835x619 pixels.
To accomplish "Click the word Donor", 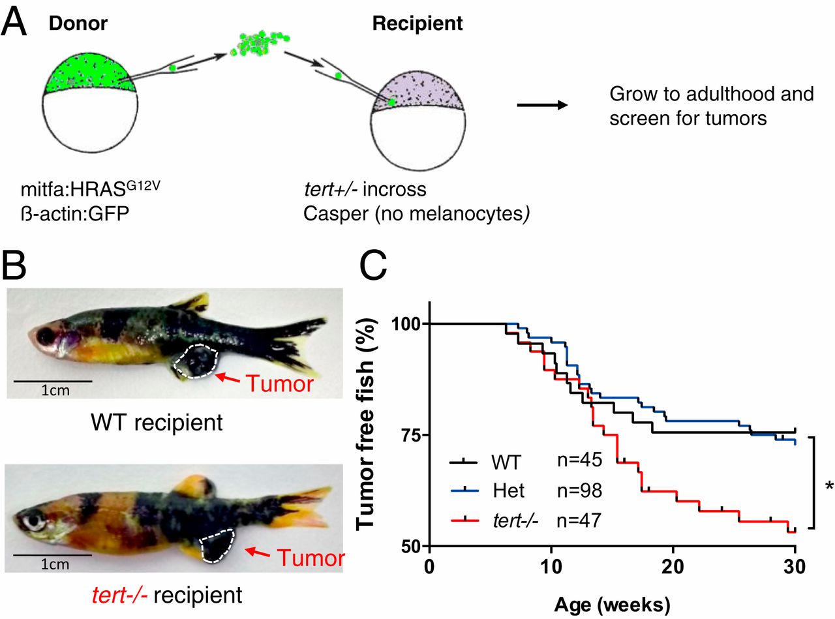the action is (x=78, y=23).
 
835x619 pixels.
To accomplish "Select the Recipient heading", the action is (x=417, y=23).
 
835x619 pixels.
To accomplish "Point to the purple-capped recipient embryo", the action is (x=418, y=121).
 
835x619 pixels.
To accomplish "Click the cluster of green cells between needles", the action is (x=260, y=43).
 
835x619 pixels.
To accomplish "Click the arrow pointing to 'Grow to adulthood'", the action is (x=542, y=105).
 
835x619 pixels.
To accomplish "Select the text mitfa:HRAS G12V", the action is (x=91, y=189).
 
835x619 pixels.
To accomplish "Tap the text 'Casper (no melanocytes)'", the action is (x=416, y=213).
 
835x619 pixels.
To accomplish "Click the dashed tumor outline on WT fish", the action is (x=196, y=361).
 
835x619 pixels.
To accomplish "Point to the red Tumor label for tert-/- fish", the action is (x=311, y=558).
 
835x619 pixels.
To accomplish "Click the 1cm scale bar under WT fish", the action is (x=53, y=381).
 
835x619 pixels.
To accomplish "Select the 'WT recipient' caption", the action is (x=157, y=423).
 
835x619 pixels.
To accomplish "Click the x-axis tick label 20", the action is (x=673, y=566).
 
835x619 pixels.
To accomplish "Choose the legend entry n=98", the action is (x=579, y=491).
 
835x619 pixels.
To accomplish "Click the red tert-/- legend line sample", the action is (x=465, y=521).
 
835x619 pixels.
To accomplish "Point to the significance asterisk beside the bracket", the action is (x=829, y=487).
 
